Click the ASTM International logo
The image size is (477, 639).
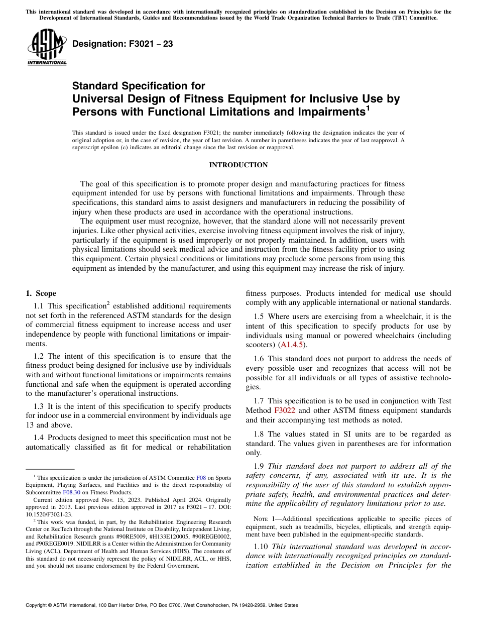[47, 47]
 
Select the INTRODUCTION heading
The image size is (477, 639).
[238, 165]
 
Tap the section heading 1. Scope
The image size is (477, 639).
[41, 293]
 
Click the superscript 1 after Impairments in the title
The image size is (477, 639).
[368, 108]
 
